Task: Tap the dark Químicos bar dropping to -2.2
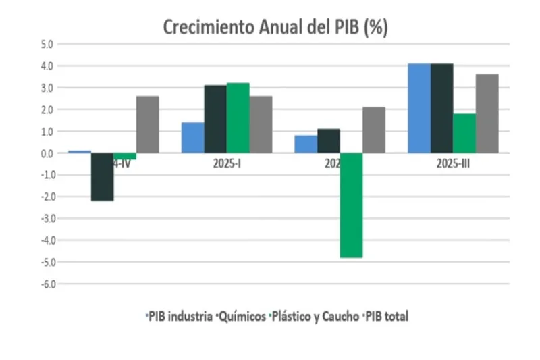click(x=102, y=176)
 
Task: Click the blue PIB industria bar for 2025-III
click(x=419, y=108)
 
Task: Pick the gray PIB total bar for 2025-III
click(x=487, y=113)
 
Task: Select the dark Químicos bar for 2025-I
click(x=215, y=119)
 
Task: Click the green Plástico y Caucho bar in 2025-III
click(x=464, y=133)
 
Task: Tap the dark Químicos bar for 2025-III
click(x=442, y=108)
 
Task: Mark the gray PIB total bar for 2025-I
click(x=261, y=124)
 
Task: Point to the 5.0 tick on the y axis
click(x=47, y=45)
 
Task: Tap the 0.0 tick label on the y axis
click(x=47, y=153)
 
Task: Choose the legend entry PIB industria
click(x=180, y=316)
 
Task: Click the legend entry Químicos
click(x=242, y=316)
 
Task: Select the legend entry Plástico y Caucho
click(x=315, y=316)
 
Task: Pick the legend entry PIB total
click(x=387, y=316)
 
